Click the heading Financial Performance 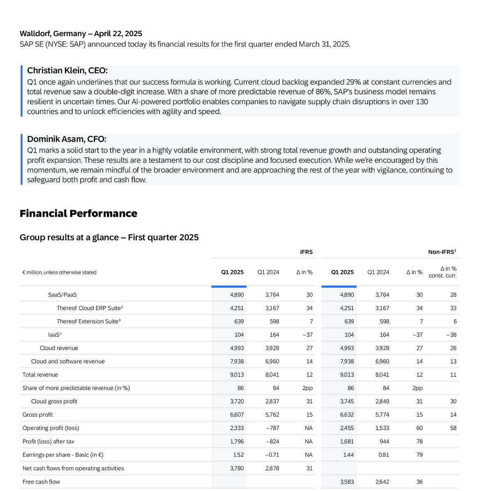tap(78, 213)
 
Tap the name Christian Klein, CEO tap(67, 71)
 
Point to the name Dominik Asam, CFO tap(67, 139)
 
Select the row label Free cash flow tap(41, 482)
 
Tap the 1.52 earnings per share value tap(238, 455)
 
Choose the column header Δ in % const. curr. tap(442, 272)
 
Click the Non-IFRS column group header tap(442, 252)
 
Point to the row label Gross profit tap(38, 415)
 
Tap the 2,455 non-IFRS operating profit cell tap(346, 428)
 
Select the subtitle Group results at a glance tap(109, 237)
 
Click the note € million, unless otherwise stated tap(59, 272)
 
